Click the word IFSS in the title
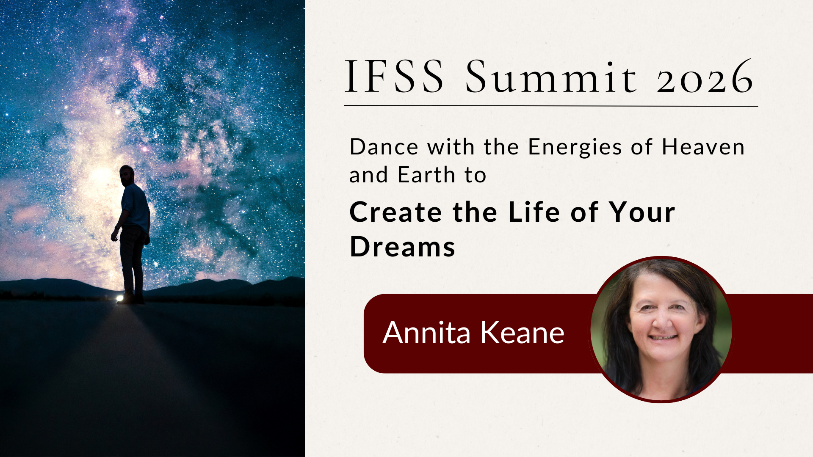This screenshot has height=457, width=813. click(x=395, y=77)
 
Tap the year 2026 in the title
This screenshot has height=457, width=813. click(x=705, y=78)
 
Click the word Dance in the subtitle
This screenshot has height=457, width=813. click(x=384, y=147)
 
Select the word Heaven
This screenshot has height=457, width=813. click(x=703, y=147)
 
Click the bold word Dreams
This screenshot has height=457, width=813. click(x=402, y=247)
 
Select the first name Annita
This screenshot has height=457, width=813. click(x=426, y=333)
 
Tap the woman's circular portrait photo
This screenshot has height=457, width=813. click(x=661, y=329)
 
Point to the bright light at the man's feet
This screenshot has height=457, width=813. click(x=120, y=298)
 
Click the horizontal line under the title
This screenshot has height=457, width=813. click(x=550, y=105)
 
